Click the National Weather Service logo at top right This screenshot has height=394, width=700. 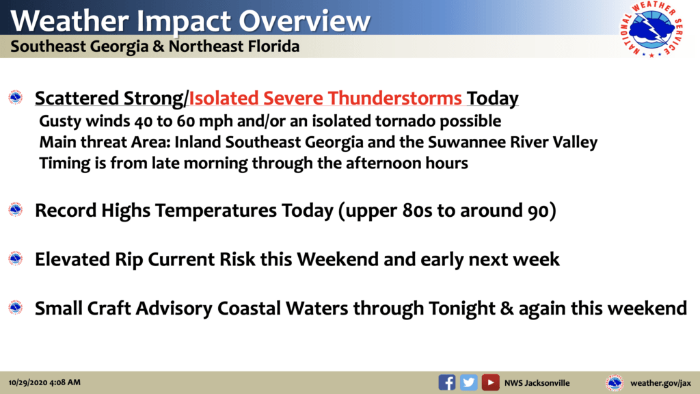click(x=651, y=29)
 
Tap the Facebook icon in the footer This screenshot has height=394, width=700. click(x=447, y=382)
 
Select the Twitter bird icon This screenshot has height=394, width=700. click(x=469, y=382)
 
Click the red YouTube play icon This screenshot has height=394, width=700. click(x=490, y=382)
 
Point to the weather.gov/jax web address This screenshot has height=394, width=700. click(x=660, y=383)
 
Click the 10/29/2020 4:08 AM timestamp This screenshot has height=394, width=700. click(x=44, y=382)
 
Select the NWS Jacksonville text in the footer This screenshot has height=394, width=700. click(x=537, y=383)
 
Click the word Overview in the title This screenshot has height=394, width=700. click(x=304, y=21)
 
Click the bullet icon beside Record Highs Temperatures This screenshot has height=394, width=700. click(x=16, y=209)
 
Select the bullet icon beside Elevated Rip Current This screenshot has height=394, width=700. click(x=16, y=258)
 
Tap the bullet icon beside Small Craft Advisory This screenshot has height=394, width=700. click(x=16, y=307)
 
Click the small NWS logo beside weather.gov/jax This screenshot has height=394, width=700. click(x=615, y=383)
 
